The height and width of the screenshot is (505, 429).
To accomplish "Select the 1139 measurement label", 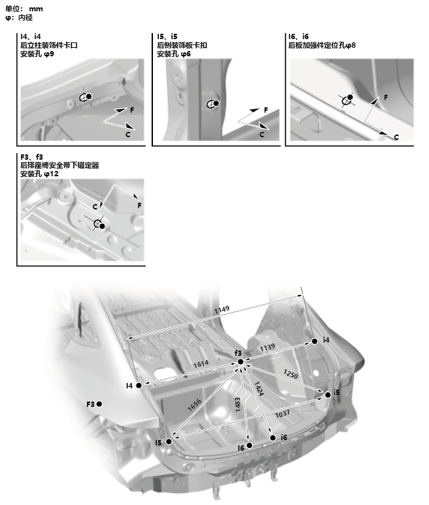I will click(x=267, y=347).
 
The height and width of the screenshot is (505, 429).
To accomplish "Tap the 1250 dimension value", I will click(x=290, y=372).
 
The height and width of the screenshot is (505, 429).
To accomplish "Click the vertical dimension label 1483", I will click(x=237, y=406).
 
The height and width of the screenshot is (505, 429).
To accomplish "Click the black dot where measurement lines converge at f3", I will click(x=240, y=362).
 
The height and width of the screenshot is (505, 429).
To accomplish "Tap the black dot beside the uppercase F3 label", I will click(x=100, y=403).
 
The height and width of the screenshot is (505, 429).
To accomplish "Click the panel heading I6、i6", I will click(x=299, y=36).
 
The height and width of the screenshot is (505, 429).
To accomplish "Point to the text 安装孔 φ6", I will click(x=174, y=53).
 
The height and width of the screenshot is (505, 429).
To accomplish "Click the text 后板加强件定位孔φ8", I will click(x=322, y=45).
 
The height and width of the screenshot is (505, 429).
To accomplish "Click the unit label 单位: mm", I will click(x=24, y=8).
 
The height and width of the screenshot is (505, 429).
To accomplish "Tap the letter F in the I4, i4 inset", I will click(x=131, y=108).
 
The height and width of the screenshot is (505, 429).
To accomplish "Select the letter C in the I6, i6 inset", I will click(x=396, y=137).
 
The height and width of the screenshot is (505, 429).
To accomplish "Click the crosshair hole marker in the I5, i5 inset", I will click(x=211, y=105).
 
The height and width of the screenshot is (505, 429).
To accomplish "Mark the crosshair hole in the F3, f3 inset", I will click(x=98, y=223).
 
